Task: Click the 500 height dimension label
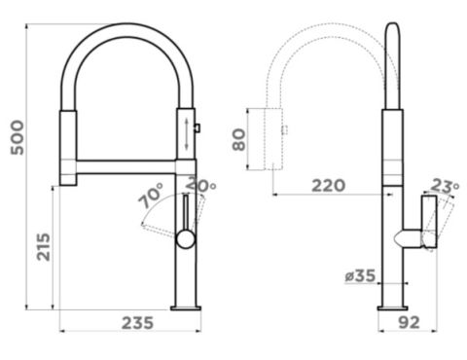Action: [x=18, y=137]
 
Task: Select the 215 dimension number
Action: [x=43, y=247]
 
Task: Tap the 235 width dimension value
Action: [x=137, y=323]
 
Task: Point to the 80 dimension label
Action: [x=239, y=140]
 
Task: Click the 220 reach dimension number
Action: [x=328, y=186]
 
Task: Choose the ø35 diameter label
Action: [x=360, y=276]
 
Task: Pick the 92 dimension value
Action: [x=409, y=322]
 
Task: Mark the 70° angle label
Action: [x=151, y=196]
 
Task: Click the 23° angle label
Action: [x=445, y=187]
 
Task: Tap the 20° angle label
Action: [x=201, y=184]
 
